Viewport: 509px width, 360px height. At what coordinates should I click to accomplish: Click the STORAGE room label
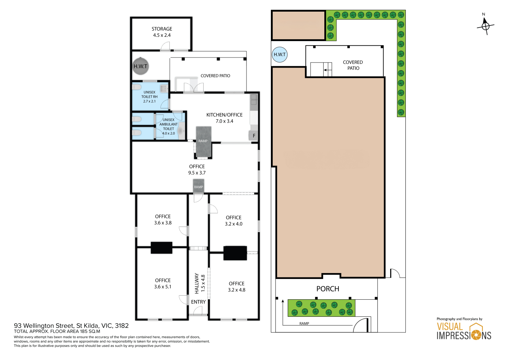click(x=162, y=29)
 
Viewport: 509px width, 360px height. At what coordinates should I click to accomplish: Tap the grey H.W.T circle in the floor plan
click(x=140, y=66)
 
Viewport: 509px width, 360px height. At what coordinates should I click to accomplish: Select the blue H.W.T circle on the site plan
click(x=280, y=55)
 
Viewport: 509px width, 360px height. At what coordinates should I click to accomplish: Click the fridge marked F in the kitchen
click(x=254, y=136)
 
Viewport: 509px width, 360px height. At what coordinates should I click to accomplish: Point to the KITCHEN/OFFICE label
click(x=224, y=115)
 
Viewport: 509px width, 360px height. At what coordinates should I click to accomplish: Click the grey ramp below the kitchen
click(x=204, y=142)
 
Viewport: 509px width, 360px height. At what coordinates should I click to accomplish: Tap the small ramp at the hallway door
click(x=199, y=186)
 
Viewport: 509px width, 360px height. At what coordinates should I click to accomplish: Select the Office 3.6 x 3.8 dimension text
click(x=163, y=223)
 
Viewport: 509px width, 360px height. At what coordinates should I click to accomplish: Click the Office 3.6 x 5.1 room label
click(x=163, y=283)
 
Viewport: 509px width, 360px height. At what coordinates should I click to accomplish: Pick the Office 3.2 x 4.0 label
click(x=233, y=221)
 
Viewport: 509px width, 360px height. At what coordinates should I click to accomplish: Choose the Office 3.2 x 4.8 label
click(x=237, y=287)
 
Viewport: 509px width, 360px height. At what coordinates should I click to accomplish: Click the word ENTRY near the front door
click(x=198, y=302)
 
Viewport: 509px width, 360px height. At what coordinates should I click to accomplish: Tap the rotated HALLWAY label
click(x=197, y=283)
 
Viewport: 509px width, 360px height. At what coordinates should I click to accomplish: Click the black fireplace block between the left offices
click(x=161, y=248)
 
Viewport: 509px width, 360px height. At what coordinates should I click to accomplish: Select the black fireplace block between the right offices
click(x=235, y=253)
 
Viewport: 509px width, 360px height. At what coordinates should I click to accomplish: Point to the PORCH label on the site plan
click(x=328, y=289)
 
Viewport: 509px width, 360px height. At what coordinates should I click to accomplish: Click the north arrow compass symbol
click(x=485, y=26)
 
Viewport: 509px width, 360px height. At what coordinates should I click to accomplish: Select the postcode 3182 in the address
click(x=122, y=326)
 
